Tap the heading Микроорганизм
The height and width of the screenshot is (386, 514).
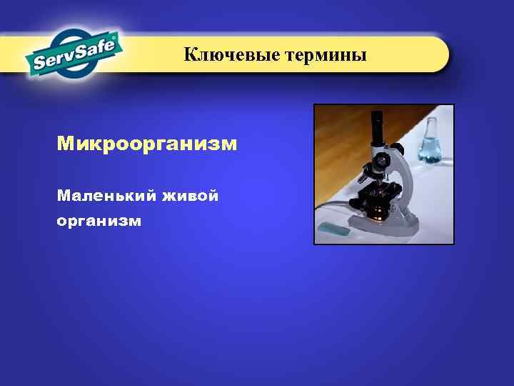147,144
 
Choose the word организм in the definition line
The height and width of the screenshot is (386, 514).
99,221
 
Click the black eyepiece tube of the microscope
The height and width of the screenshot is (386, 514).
376,129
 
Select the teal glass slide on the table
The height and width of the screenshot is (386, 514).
334,228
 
